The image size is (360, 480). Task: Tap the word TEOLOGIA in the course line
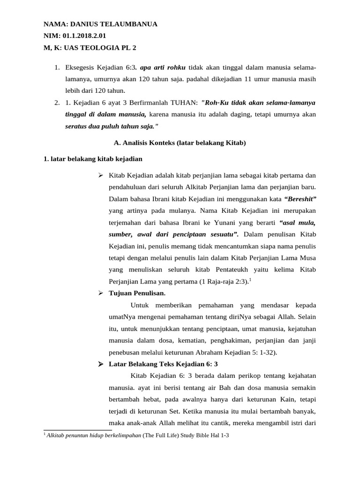tap(102, 47)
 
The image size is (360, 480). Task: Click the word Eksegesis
tap(80, 68)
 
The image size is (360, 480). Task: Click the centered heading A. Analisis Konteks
tap(180, 142)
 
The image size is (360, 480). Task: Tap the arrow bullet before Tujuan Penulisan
tap(100, 293)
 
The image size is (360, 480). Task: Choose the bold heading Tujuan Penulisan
tap(137, 293)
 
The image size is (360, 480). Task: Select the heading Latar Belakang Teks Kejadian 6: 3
tap(163, 364)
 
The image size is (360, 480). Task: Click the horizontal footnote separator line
tap(77, 429)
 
